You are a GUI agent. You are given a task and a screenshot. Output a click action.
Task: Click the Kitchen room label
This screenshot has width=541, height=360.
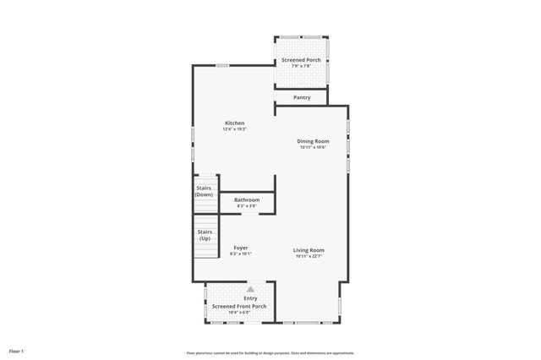pos(234,123)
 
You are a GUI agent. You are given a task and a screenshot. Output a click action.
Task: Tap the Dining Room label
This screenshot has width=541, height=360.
pos(313,141)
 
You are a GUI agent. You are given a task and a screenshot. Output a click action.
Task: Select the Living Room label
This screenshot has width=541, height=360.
pos(309,250)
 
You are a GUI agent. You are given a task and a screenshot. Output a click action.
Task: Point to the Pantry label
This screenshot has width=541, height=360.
pos(302,98)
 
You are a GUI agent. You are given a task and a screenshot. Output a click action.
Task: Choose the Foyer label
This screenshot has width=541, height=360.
pos(240,248)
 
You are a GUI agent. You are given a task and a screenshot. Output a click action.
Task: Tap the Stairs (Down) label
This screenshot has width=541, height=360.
pos(204,191)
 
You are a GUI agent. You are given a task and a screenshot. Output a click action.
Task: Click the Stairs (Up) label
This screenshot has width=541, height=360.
pos(205,235)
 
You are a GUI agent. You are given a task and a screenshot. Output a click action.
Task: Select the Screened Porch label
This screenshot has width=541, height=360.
pos(302,61)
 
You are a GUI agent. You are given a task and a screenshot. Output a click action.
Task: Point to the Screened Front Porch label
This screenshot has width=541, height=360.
pos(239,306)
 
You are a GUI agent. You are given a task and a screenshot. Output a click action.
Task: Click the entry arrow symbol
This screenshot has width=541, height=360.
pos(250,290)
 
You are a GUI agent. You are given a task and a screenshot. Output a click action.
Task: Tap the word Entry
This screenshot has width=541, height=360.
pos(250,298)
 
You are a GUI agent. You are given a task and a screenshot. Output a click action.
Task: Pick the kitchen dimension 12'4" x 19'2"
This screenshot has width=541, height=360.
pos(234,129)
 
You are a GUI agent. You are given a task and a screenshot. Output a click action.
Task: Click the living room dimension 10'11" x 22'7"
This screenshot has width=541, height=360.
pos(309,256)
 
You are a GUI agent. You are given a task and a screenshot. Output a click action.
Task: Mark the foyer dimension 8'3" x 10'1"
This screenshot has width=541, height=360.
pos(240,254)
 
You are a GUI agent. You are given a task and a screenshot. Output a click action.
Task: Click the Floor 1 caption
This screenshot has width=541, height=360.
pos(16,351)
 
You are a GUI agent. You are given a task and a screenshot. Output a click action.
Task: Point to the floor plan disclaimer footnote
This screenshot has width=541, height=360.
pos(270,353)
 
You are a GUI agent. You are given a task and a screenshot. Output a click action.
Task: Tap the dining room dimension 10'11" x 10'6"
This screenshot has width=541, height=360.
pos(313,147)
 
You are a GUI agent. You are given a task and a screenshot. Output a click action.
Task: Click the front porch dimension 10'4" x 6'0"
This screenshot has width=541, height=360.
pos(239,313)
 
